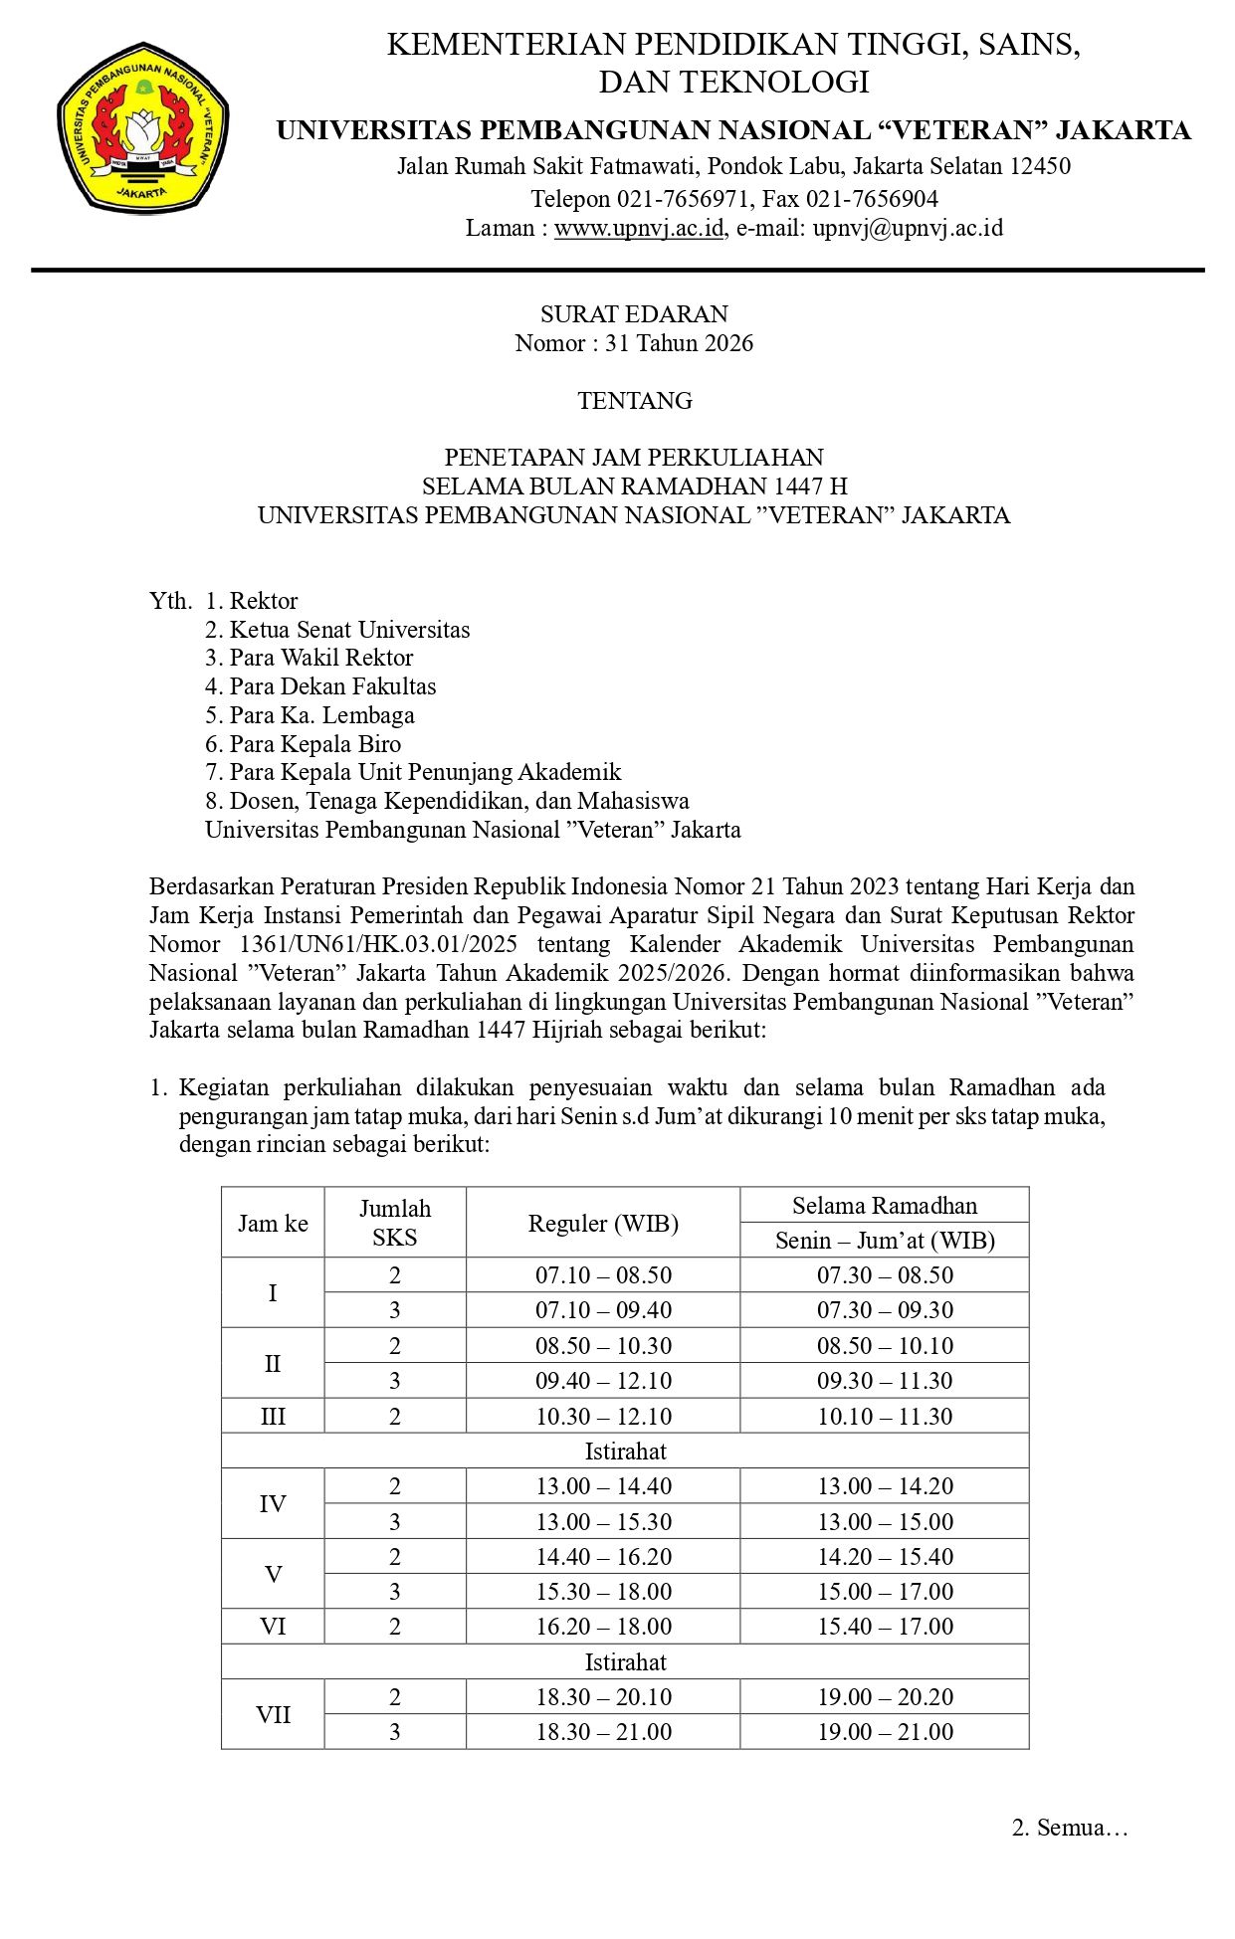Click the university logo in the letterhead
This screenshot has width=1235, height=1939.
tap(143, 127)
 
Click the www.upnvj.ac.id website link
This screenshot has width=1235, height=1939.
tap(638, 229)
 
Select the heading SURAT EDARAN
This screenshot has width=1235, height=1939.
tap(634, 314)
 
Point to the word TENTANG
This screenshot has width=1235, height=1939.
tap(634, 401)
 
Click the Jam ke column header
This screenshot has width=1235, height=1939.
tap(273, 1224)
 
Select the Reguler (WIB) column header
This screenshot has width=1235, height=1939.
tap(603, 1224)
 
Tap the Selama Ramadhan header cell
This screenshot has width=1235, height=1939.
tap(884, 1206)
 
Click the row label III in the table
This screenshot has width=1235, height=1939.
tap(273, 1417)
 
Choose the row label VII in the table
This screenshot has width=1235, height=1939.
tap(273, 1715)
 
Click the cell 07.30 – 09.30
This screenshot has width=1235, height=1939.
tap(885, 1310)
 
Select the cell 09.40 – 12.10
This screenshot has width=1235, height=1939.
tap(603, 1381)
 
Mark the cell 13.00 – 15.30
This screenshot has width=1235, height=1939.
tap(603, 1522)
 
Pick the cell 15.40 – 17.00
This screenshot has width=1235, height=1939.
tap(885, 1627)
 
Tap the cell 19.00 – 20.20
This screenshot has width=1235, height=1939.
tap(885, 1697)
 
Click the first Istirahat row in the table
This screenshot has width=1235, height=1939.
tap(625, 1452)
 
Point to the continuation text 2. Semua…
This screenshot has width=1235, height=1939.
tap(1070, 1828)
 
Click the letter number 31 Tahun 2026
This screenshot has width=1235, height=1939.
tap(679, 343)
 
